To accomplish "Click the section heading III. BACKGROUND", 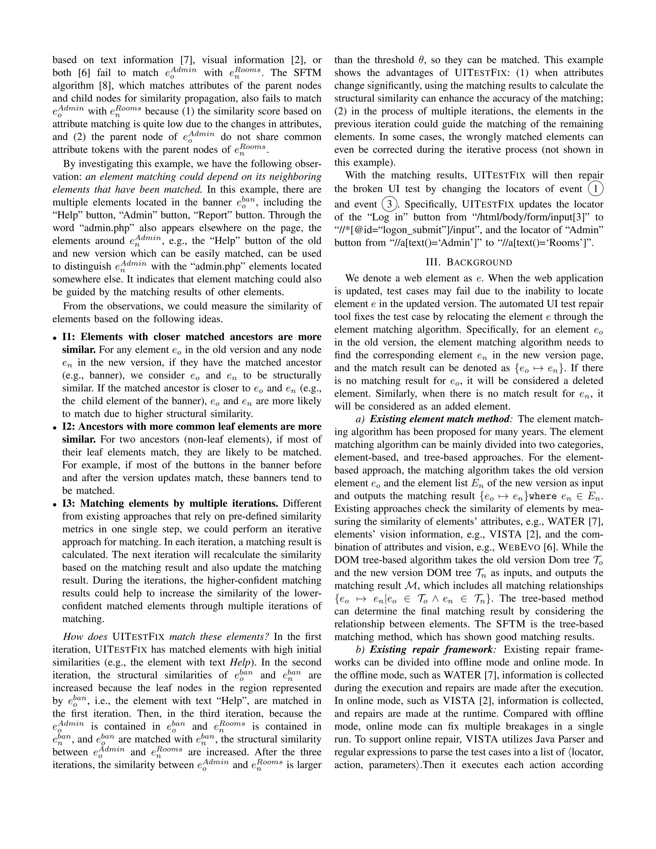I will [469, 262].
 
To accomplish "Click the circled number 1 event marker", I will [595, 189].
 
